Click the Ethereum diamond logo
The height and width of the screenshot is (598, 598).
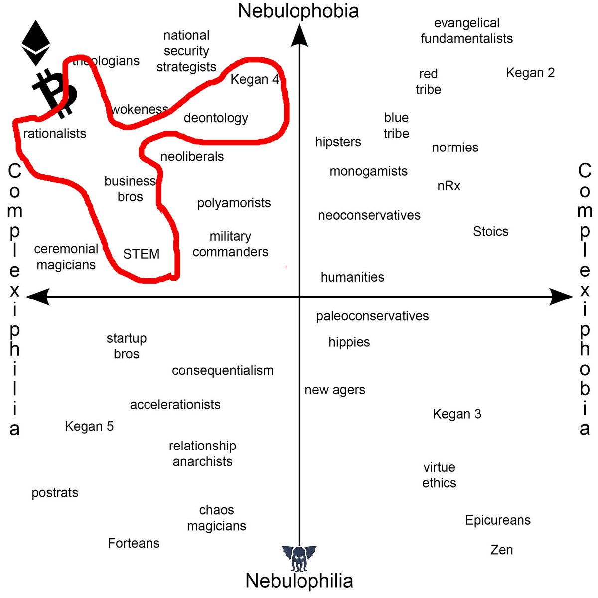[36, 43]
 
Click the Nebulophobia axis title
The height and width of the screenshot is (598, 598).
[299, 11]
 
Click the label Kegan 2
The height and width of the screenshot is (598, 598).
[530, 73]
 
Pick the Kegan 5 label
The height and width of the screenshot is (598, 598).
[89, 427]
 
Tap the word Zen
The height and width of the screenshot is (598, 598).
[501, 550]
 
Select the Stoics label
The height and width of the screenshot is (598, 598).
[491, 232]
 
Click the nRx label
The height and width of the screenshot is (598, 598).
[449, 186]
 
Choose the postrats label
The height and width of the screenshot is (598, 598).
[55, 493]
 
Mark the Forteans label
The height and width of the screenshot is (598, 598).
[134, 543]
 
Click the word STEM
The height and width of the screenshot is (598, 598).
[142, 254]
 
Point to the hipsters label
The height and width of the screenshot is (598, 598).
[338, 142]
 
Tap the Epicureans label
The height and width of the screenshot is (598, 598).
[498, 520]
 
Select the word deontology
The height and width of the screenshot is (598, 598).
[216, 118]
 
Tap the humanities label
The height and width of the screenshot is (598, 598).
[352, 277]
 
